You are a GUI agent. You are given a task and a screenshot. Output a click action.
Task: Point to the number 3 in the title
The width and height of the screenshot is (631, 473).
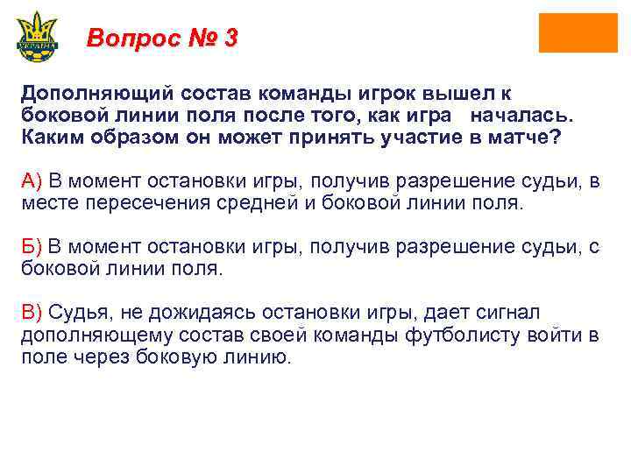(x=230, y=39)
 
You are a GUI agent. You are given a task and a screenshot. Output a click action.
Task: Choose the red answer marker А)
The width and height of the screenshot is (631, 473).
(x=32, y=181)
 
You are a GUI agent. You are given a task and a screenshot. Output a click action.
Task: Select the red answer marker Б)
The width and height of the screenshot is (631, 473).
(x=32, y=248)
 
